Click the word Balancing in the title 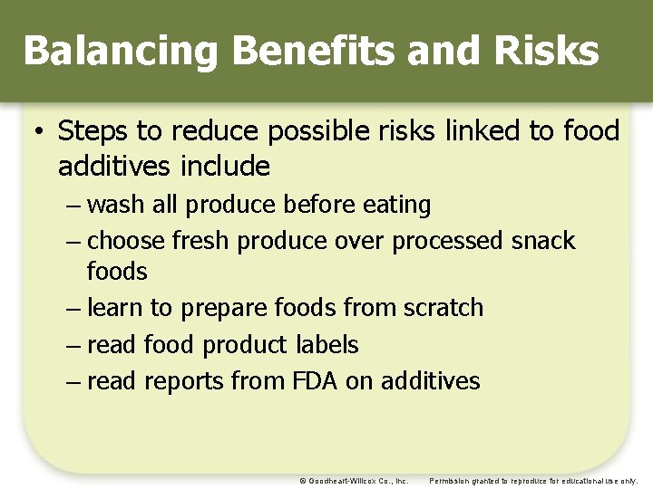tap(121, 52)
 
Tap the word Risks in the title tap(548, 52)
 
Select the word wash tap(116, 205)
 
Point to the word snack tap(542, 241)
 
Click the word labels tap(326, 345)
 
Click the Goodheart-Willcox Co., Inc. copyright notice tap(354, 481)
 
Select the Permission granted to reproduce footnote tap(533, 481)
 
